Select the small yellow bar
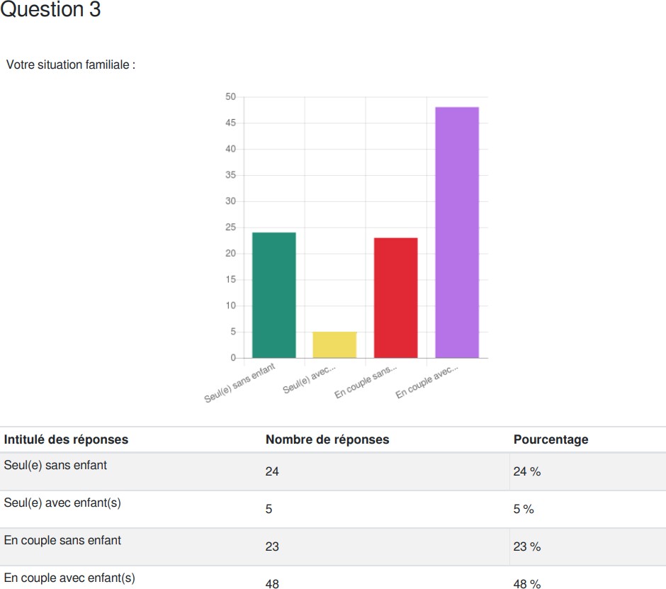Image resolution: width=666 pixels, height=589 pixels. (334, 344)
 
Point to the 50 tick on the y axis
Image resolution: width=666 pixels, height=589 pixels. (231, 96)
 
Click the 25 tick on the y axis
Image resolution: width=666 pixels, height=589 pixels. (231, 228)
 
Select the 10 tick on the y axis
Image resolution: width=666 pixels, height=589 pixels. (231, 305)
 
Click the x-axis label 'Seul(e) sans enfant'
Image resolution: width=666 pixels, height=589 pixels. (240, 383)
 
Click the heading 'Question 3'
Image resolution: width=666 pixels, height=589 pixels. (50, 11)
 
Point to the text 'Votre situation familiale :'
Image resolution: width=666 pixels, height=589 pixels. (70, 64)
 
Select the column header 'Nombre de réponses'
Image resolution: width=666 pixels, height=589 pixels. (327, 439)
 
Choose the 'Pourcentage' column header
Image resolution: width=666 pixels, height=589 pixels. (551, 439)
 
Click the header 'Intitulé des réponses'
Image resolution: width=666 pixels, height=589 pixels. (66, 439)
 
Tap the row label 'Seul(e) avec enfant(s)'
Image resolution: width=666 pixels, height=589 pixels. (62, 503)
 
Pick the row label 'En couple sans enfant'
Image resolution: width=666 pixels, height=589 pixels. (62, 541)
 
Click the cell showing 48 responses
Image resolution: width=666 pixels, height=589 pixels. (272, 584)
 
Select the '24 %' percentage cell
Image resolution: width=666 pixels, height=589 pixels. (526, 472)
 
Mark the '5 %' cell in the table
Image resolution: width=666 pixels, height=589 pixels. (524, 510)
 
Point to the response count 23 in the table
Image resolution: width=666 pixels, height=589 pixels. (272, 547)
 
